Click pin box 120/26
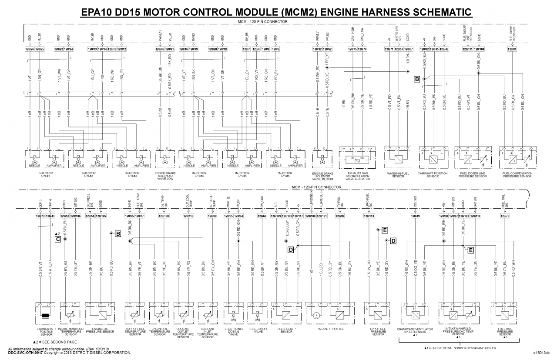[30, 49]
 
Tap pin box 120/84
[512, 49]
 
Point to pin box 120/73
[40, 216]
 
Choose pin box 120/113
[369, 216]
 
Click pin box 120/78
[505, 216]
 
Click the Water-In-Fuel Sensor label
[398, 175]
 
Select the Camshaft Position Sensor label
[433, 175]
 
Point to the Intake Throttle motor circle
[317, 314]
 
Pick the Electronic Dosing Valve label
[234, 331]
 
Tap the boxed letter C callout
[57, 239]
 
